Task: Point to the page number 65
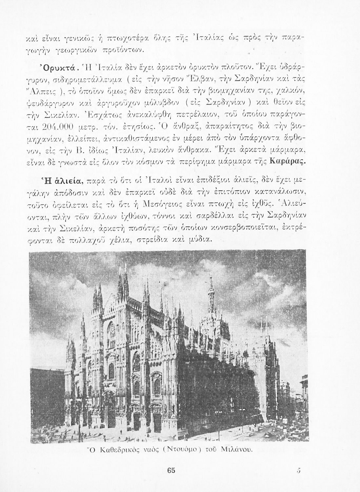click(171, 470)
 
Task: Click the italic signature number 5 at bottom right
click(298, 470)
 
